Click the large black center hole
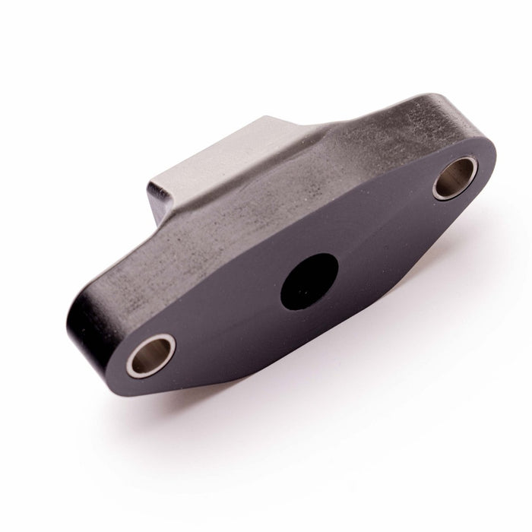(309, 281)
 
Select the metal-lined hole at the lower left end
(150, 354)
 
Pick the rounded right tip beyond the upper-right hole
(486, 163)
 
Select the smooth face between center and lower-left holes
(228, 319)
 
